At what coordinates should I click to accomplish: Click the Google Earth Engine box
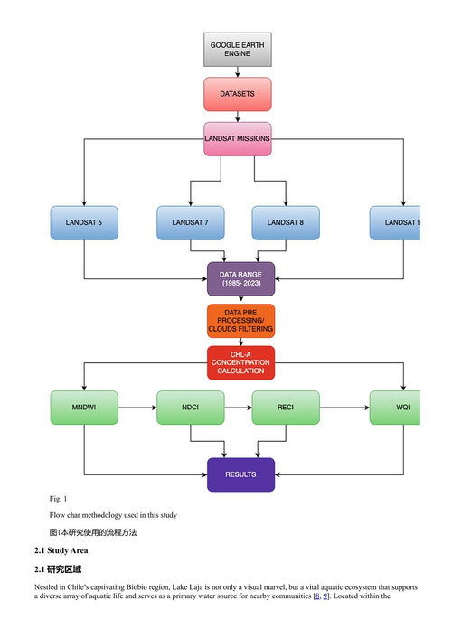238,49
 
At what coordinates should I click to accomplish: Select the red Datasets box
238,94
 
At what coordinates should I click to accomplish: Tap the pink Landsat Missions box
238,139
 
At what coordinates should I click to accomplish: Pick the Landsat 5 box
84,223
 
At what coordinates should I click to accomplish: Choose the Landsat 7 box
191,223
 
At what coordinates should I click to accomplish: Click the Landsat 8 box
286,223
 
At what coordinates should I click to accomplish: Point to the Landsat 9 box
395,223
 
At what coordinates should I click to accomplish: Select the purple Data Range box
241,279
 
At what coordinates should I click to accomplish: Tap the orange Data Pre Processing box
241,321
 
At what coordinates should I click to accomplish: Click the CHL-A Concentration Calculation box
241,363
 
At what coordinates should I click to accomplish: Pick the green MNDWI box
84,408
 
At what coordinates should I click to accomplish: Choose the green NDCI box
191,408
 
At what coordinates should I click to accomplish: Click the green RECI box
286,408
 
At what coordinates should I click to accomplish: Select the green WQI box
395,408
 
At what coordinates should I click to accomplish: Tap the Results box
241,474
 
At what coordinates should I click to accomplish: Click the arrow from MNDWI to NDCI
137,408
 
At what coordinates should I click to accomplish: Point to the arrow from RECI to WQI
345,408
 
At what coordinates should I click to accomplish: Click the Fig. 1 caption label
58,499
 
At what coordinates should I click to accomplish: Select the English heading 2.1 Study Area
61,550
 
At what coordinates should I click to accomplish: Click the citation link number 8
317,596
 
